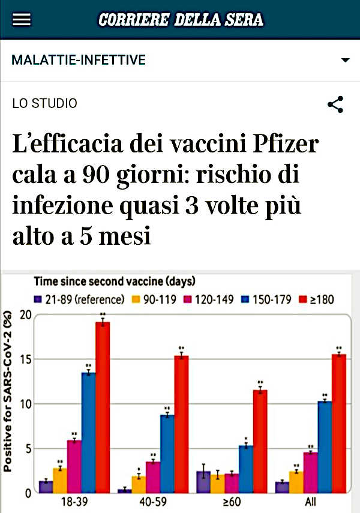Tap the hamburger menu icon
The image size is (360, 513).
pos(22,20)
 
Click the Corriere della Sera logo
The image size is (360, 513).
pos(180,20)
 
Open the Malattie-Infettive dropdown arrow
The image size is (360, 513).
pos(345,61)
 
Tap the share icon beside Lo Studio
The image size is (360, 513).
pos(335,104)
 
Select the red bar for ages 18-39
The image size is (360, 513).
pos(103,408)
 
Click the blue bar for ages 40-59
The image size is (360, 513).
pos(167,454)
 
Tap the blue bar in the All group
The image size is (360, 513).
pos(325,447)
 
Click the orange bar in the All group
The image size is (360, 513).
pos(296,482)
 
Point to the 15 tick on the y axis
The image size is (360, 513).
pos(25,359)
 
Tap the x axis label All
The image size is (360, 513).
pos(310,502)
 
